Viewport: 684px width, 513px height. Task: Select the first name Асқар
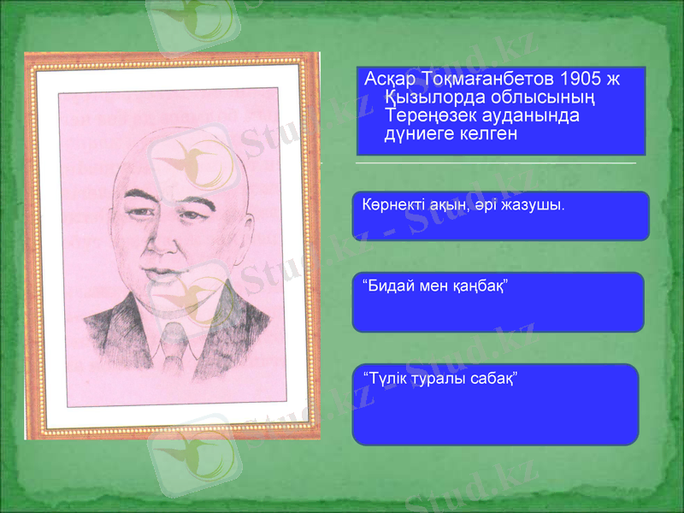(391, 80)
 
